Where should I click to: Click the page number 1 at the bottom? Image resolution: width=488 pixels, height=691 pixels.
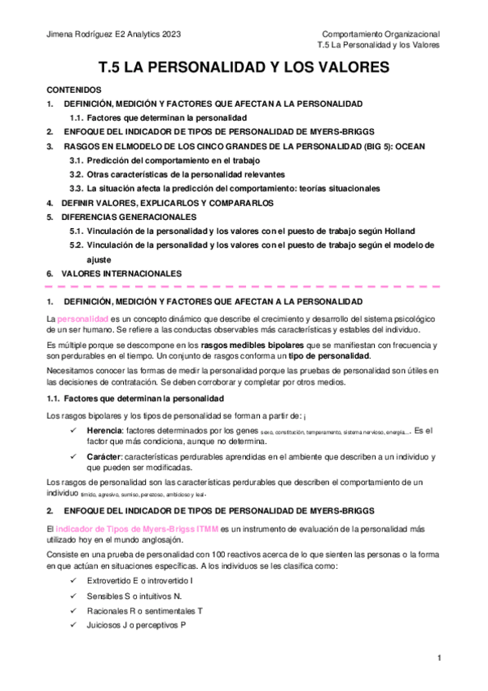(438, 658)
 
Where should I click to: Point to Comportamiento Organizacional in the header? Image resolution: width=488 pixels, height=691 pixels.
(380, 34)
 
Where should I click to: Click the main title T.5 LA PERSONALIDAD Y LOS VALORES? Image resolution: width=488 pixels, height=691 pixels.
(244, 68)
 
